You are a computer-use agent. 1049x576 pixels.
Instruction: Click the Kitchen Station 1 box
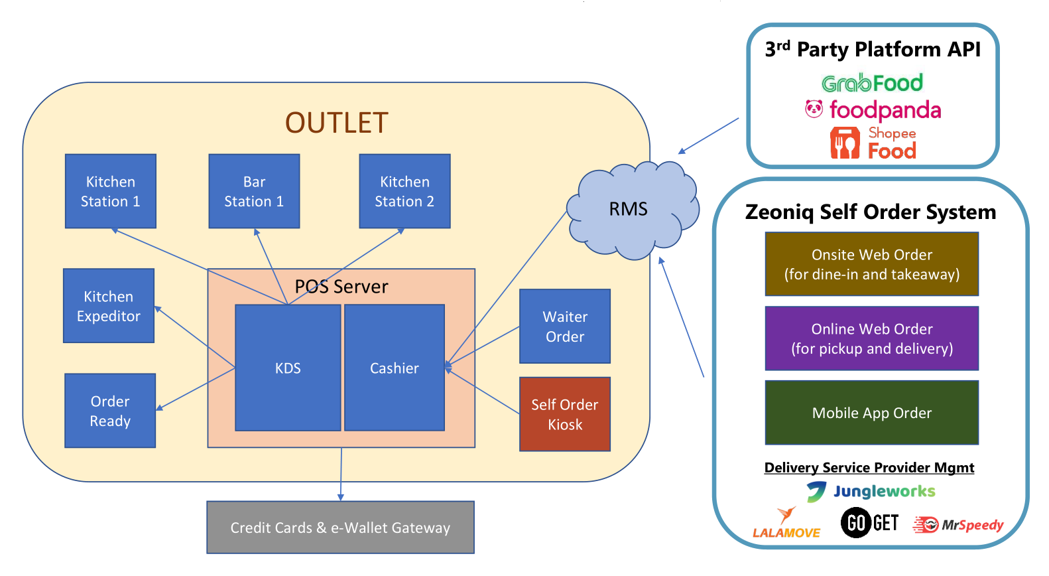(x=111, y=191)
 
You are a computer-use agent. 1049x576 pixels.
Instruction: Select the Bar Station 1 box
(x=254, y=191)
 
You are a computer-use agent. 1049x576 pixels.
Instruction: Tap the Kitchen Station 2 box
(x=404, y=191)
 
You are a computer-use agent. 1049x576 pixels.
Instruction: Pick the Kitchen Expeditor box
(x=109, y=305)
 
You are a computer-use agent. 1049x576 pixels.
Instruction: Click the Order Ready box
(x=110, y=411)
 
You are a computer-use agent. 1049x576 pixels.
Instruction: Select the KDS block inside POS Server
(x=288, y=368)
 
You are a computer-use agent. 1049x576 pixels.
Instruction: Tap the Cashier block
(x=395, y=368)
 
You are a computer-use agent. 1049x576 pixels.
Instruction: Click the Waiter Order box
(x=565, y=326)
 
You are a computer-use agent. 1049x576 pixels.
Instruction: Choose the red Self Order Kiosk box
(x=565, y=414)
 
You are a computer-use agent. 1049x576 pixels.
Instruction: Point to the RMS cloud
(x=633, y=210)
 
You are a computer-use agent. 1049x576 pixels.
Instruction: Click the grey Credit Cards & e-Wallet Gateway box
(x=340, y=528)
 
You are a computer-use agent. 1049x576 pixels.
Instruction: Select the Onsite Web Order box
(x=872, y=264)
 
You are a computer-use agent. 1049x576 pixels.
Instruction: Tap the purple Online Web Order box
(x=872, y=338)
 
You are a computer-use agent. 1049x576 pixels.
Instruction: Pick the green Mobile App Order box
(x=872, y=413)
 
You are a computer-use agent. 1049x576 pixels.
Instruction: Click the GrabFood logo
(x=872, y=83)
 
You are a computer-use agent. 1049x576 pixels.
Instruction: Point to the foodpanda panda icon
(x=814, y=109)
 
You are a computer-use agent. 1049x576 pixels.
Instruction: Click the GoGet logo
(x=870, y=522)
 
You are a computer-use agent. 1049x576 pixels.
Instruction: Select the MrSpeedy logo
(x=958, y=525)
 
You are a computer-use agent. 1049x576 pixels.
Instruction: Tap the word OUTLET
(x=337, y=123)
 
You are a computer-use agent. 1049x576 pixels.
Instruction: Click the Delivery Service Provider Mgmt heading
(x=869, y=468)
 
